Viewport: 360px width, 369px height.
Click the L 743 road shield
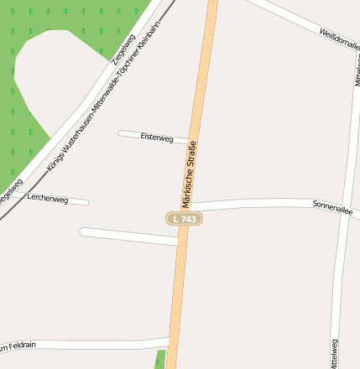[184, 218]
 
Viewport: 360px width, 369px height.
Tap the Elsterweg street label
[157, 137]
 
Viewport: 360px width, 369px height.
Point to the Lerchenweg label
[47, 198]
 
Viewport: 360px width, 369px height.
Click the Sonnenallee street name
[332, 205]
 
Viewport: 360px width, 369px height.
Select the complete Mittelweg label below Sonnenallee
[335, 352]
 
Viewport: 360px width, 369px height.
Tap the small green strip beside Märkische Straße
[161, 358]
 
